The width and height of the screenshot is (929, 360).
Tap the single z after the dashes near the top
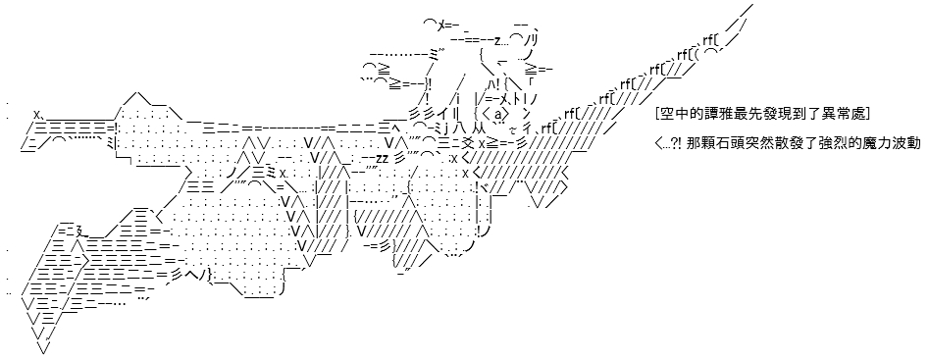coord(497,40)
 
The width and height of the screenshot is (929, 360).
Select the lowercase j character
coord(445,127)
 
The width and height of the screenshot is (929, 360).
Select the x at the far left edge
coord(36,113)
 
